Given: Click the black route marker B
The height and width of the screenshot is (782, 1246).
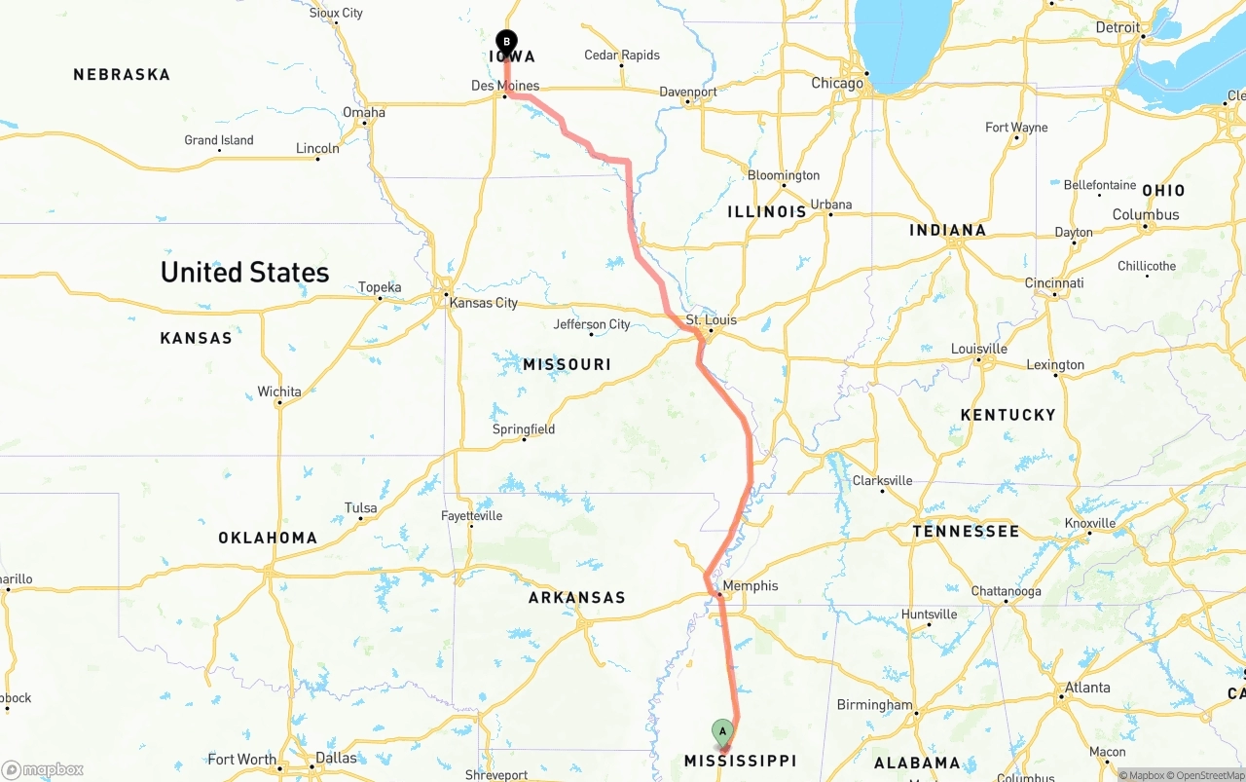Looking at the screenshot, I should click(x=506, y=42).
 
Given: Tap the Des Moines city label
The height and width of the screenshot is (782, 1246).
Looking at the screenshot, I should click(x=504, y=86).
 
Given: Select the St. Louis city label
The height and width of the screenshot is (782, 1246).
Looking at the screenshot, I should click(x=712, y=319).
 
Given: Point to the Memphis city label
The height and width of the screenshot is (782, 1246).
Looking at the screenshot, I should click(x=751, y=585).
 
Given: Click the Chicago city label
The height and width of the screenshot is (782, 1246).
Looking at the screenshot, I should click(x=837, y=83).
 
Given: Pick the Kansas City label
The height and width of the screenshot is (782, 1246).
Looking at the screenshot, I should click(x=483, y=303).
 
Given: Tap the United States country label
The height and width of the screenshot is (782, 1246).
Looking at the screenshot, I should click(x=244, y=272).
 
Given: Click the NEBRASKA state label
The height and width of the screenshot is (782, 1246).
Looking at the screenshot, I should click(x=122, y=74).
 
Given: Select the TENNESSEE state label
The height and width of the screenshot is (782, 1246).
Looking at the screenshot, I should click(x=966, y=531).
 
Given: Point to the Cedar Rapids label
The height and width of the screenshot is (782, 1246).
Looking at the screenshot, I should click(x=622, y=56).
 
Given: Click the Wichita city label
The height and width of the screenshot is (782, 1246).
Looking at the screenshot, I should click(x=279, y=391).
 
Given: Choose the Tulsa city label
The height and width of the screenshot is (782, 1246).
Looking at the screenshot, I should click(x=360, y=508).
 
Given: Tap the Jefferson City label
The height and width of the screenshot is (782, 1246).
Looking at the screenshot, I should click(x=592, y=324).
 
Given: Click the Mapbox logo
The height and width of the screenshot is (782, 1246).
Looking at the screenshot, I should click(x=43, y=769).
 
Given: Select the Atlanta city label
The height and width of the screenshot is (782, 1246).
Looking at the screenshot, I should click(x=1087, y=688).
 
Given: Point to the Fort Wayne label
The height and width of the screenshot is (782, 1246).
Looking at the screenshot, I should click(x=1016, y=128).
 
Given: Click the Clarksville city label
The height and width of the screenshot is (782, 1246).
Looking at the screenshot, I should click(x=883, y=480).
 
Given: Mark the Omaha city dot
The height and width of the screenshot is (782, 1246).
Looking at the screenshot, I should click(x=365, y=123).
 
